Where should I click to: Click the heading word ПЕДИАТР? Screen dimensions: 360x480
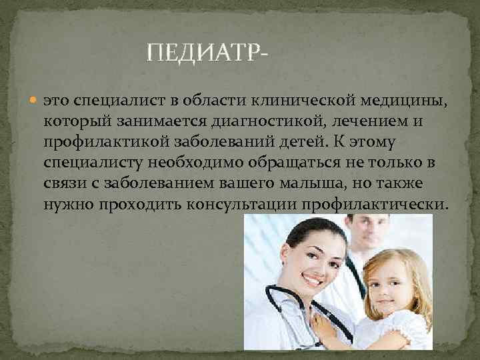205,52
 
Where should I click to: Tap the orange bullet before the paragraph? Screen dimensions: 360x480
35,101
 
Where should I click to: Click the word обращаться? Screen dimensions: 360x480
292,162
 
